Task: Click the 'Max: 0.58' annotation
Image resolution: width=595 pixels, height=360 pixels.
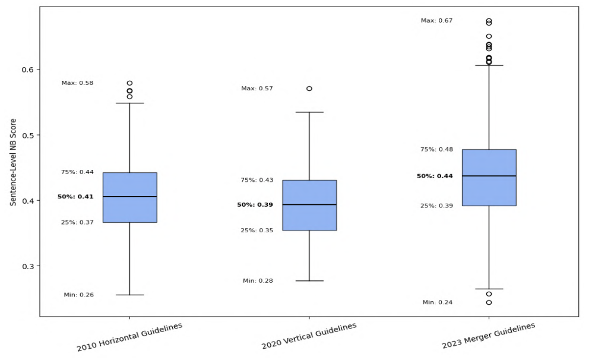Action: pyautogui.click(x=78, y=83)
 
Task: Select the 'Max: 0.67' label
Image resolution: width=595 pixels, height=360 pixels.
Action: pyautogui.click(x=436, y=21)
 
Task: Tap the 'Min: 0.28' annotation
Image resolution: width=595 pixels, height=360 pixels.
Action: pyautogui.click(x=258, y=280)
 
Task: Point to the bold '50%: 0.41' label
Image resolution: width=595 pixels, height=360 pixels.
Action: pyautogui.click(x=75, y=197)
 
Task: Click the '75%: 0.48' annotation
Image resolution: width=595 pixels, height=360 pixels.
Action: pyautogui.click(x=436, y=150)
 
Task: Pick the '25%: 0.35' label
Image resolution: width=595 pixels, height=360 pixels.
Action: pyautogui.click(x=257, y=230)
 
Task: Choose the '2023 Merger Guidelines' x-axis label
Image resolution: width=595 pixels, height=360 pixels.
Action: pyautogui.click(x=489, y=336)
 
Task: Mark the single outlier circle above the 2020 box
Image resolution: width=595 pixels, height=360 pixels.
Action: pyautogui.click(x=309, y=89)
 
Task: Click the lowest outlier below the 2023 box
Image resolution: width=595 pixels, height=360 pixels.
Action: pyautogui.click(x=489, y=302)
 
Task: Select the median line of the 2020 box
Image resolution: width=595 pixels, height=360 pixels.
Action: pyautogui.click(x=309, y=204)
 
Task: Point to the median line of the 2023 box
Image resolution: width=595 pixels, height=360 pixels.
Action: pyautogui.click(x=489, y=176)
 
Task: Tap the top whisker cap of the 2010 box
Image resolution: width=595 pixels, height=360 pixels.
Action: pyautogui.click(x=129, y=103)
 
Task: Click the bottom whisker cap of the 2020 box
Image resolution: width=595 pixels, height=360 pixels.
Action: pyautogui.click(x=309, y=280)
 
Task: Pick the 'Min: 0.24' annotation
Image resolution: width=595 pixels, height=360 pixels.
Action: pyautogui.click(x=437, y=302)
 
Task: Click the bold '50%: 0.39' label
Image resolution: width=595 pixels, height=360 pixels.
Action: pyautogui.click(x=255, y=205)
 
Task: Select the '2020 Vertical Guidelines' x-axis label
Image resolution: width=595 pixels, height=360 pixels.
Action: pyautogui.click(x=309, y=336)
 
